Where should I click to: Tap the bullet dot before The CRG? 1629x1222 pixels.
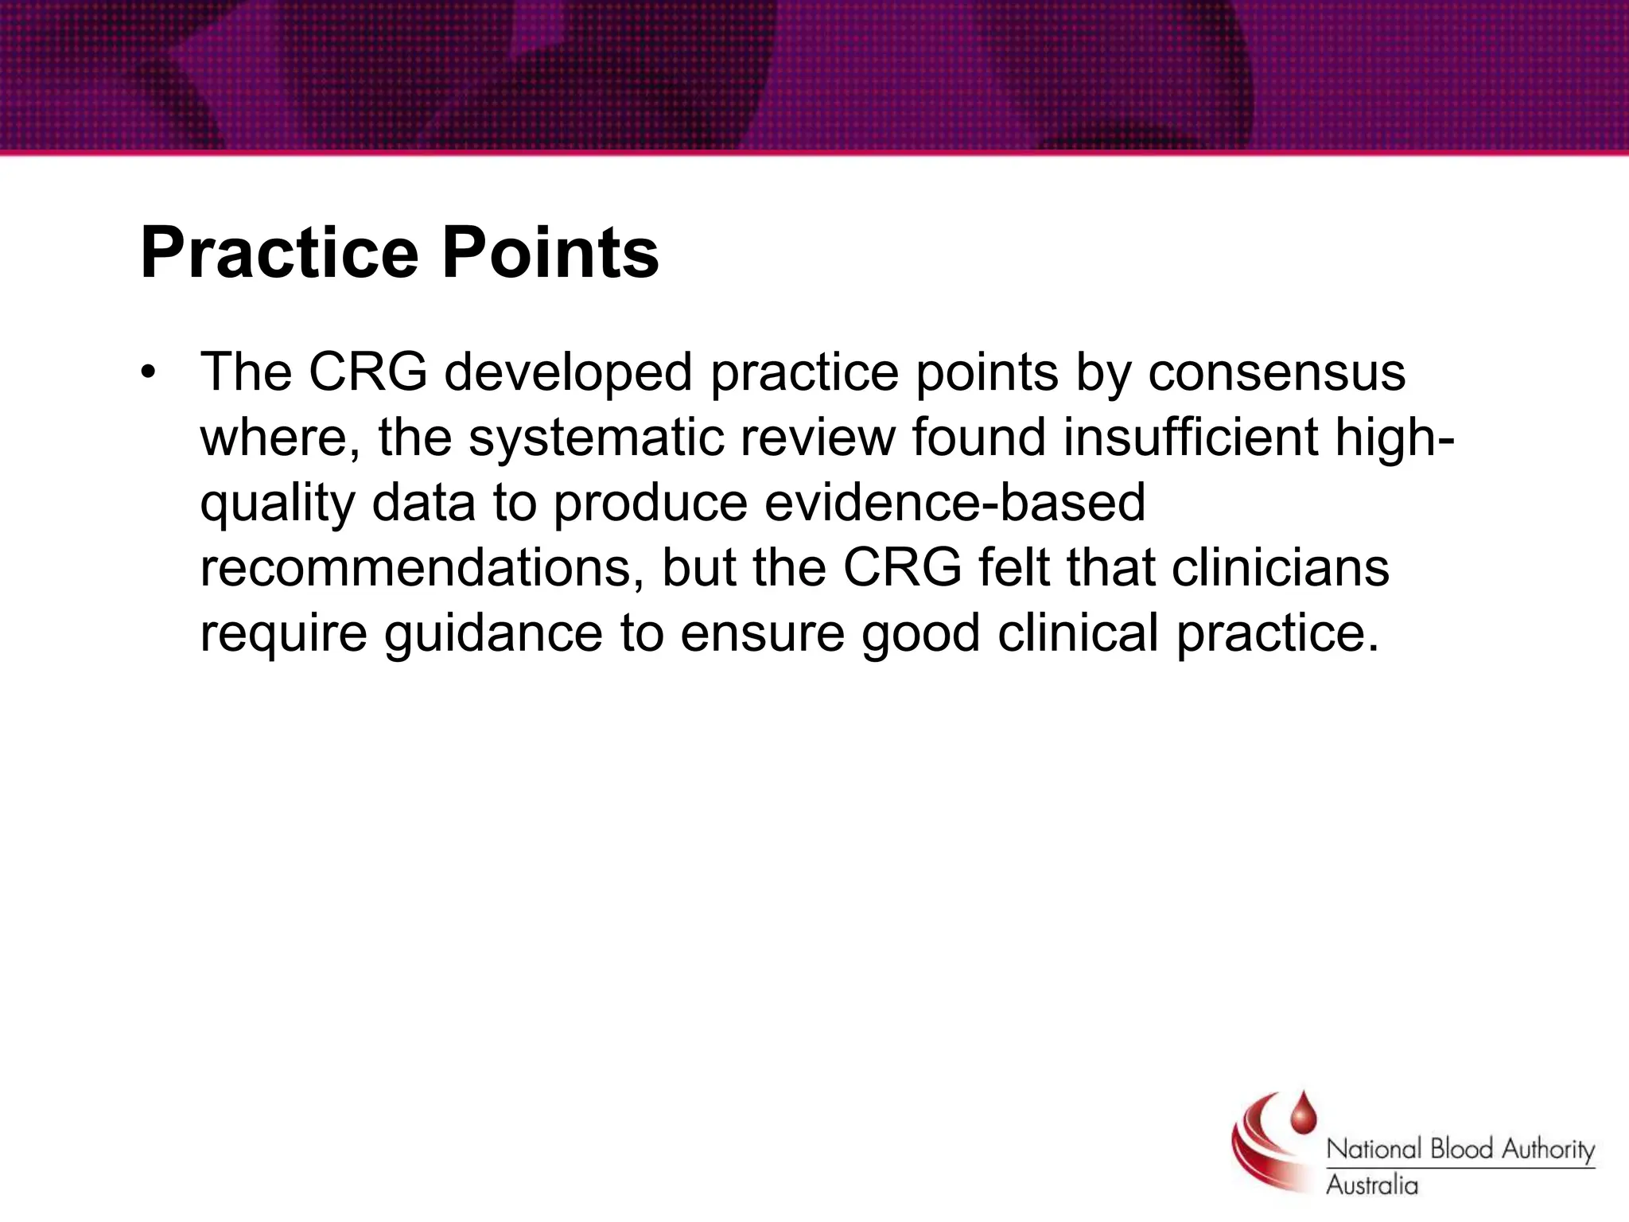point(146,373)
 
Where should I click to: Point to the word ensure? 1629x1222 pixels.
point(762,635)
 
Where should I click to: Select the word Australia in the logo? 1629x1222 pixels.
point(1371,1185)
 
